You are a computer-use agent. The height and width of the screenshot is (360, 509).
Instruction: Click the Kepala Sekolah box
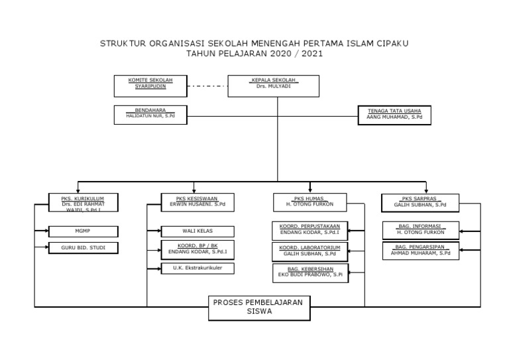coord(273,86)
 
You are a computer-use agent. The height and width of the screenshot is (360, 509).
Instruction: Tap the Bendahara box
coord(150,115)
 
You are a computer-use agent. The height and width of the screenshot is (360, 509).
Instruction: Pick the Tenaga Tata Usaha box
coord(394,115)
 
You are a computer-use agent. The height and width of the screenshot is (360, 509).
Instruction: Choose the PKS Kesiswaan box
coord(198,202)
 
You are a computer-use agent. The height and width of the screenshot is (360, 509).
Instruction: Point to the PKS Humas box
coord(310,202)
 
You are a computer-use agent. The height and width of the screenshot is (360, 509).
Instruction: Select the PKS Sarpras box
coord(420,202)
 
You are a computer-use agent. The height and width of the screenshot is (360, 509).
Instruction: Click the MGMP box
coord(82,231)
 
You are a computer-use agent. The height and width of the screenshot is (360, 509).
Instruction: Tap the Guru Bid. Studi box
coord(82,249)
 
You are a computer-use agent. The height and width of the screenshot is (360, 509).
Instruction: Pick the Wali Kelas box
coord(198,231)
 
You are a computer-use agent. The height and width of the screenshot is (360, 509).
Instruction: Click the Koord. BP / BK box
coord(198,250)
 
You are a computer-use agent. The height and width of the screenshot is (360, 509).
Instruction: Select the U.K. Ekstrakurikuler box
coord(198,269)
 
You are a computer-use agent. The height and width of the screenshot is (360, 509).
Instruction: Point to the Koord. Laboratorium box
coord(310,251)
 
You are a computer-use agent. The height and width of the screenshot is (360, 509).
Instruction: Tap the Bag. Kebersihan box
coord(310,272)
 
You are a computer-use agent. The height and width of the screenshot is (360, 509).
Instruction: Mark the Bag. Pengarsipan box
coord(420,251)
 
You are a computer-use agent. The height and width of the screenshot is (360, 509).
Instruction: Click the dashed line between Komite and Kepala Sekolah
coord(207,86)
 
